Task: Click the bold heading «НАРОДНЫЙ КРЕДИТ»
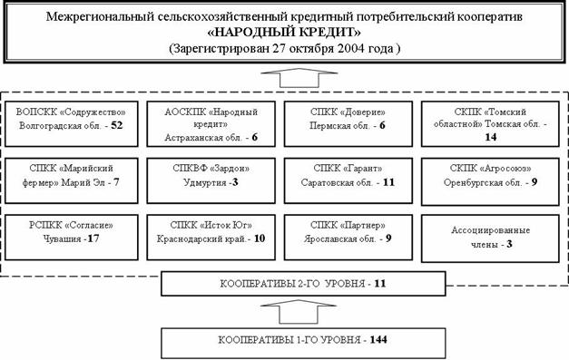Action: (284, 33)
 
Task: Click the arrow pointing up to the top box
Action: (299, 78)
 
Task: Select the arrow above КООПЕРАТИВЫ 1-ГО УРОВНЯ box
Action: (299, 311)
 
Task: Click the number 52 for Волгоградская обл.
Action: (117, 125)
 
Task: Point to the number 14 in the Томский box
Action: (490, 137)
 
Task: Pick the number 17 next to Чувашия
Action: (93, 238)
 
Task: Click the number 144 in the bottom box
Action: (378, 340)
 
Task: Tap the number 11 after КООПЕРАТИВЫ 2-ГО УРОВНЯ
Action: (380, 283)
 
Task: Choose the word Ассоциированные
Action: (490, 229)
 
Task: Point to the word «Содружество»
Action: (93, 112)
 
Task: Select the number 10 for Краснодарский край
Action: (260, 238)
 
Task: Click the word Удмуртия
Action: (205, 182)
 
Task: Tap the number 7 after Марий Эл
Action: (116, 182)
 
